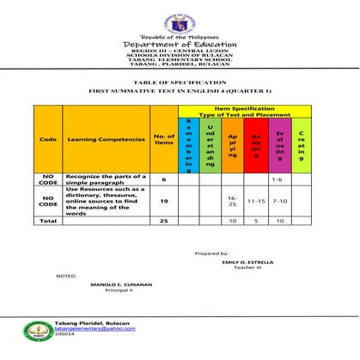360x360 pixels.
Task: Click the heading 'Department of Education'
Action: [180, 45]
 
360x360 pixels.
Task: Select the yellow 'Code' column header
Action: [48, 139]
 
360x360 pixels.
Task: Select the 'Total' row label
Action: [48, 221]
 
